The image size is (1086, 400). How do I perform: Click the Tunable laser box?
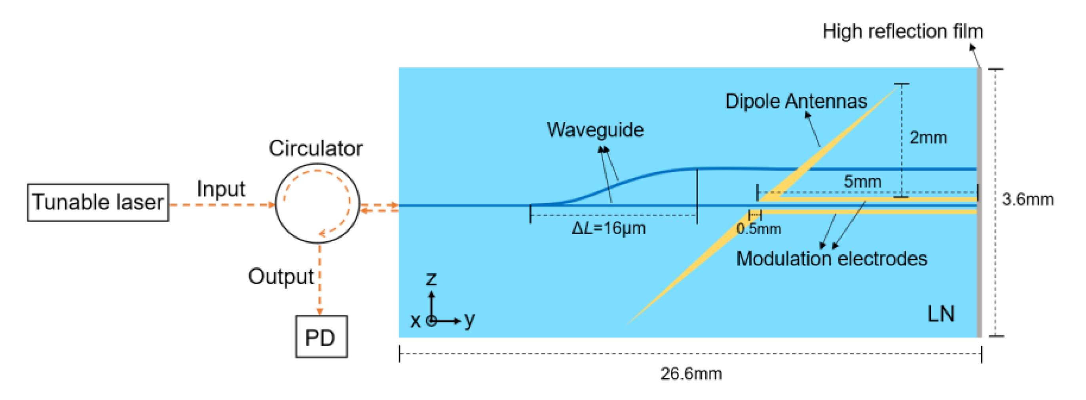tap(98, 202)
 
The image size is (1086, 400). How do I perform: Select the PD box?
tap(321, 337)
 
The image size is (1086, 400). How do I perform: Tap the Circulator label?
tap(315, 148)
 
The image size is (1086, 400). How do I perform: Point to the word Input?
tap(220, 189)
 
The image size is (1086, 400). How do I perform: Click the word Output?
tap(280, 277)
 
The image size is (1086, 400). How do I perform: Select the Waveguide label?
tap(595, 130)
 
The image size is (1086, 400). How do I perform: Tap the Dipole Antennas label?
tap(796, 101)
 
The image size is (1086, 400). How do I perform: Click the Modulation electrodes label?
tap(832, 259)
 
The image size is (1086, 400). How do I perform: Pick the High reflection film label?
tap(903, 32)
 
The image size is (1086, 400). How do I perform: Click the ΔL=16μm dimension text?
tap(608, 228)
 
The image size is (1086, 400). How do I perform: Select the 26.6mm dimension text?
tap(691, 374)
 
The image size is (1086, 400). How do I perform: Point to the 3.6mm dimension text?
tap(1027, 199)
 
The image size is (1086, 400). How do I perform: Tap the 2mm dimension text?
tap(928, 137)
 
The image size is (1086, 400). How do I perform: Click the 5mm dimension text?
tap(862, 181)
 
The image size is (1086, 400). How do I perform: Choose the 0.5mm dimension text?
tap(758, 229)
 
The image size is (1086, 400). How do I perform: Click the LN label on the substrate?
tap(940, 314)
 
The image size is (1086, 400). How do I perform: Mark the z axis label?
tap(431, 278)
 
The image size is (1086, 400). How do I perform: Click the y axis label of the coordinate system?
tap(469, 320)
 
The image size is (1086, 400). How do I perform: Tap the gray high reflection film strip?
tap(979, 202)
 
